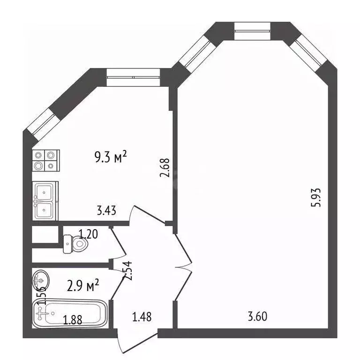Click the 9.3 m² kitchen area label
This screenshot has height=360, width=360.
pos(111,157)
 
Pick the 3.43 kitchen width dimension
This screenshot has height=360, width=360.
pos(106,211)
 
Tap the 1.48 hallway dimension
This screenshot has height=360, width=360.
pos(141,317)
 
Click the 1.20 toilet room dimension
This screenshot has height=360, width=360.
pos(88,234)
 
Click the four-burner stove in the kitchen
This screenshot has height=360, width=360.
pos(45,160)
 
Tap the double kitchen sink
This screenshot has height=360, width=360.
pos(45,201)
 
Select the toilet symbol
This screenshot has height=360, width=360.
pos(74,244)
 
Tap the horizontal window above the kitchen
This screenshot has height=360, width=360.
pos(133,77)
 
